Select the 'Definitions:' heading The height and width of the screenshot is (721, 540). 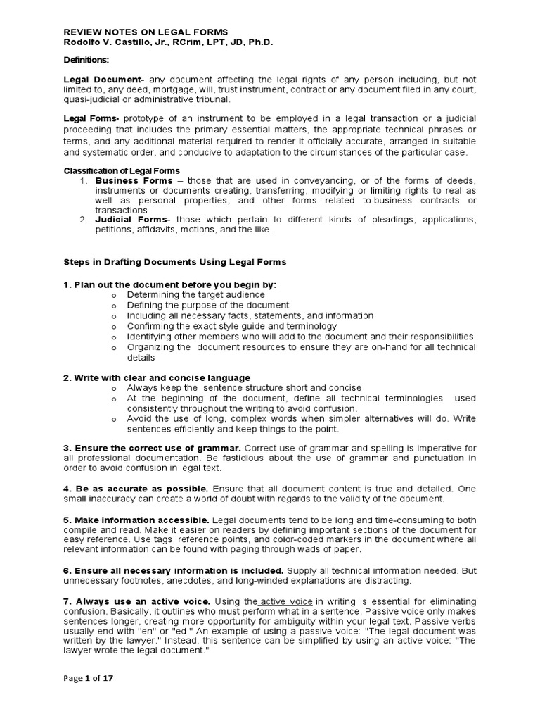pos(89,61)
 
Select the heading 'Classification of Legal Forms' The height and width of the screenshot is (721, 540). pos(122,171)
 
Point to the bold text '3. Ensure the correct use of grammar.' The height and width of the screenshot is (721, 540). pos(153,448)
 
